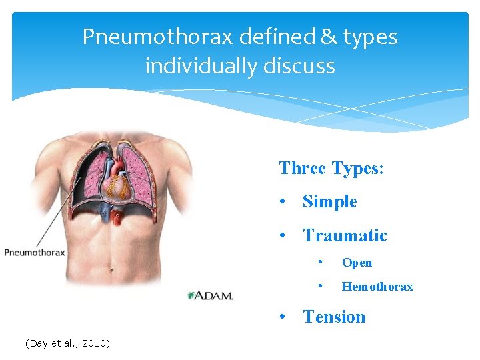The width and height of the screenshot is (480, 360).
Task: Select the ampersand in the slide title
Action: [328, 37]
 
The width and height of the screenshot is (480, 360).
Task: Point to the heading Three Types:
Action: [331, 168]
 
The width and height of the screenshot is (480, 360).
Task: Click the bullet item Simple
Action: [329, 201]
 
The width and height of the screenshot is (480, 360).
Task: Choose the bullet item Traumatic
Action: [345, 235]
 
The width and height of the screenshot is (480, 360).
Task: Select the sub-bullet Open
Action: [357, 263]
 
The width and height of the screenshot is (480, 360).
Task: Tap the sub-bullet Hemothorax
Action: [377, 287]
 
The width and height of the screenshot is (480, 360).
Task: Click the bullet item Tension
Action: [334, 317]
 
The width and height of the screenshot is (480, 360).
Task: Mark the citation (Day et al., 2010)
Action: [67, 343]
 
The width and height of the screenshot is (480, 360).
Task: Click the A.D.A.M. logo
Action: [210, 295]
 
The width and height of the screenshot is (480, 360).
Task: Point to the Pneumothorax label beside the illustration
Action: [35, 253]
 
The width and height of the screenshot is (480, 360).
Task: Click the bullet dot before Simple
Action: [285, 202]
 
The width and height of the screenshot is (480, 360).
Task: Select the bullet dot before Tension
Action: [285, 317]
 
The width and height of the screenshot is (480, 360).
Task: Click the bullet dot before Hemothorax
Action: [321, 287]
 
